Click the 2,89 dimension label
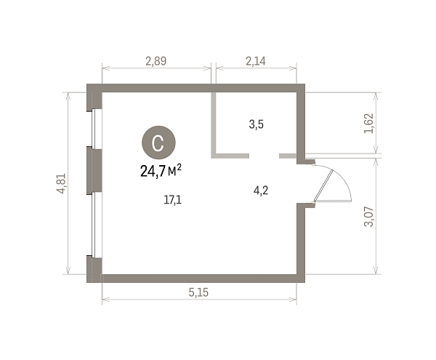(156, 61)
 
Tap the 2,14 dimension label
(256, 61)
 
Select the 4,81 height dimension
(61, 183)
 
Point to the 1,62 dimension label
(369, 123)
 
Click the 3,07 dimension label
(369, 217)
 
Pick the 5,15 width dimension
(198, 292)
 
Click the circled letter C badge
(158, 143)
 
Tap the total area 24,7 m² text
(161, 171)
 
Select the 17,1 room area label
(173, 200)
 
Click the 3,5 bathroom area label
(256, 124)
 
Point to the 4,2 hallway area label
(261, 191)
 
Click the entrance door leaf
(323, 185)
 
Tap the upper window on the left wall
(94, 128)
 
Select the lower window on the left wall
(94, 225)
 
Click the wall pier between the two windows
(94, 169)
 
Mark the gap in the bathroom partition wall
(265, 156)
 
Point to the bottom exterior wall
(195, 279)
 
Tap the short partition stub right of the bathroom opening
(288, 156)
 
